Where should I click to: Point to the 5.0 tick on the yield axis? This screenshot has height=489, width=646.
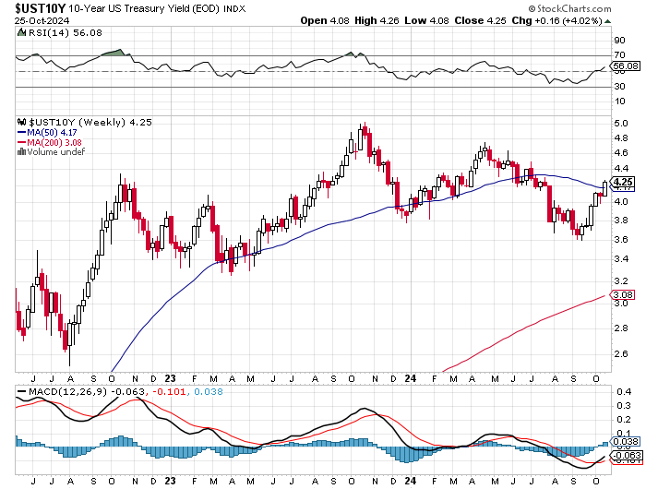pyautogui.click(x=621, y=123)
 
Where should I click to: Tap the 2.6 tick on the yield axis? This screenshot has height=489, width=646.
pyautogui.click(x=621, y=352)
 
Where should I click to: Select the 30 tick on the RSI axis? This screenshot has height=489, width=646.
pyautogui.click(x=618, y=87)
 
